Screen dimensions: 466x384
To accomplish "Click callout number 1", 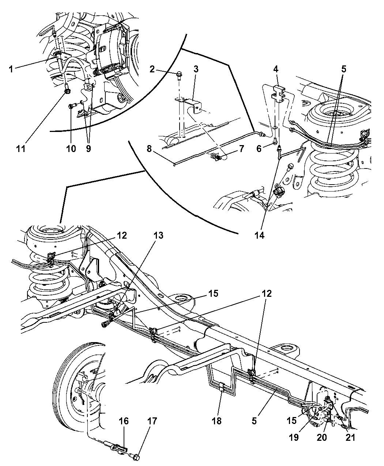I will tap(11, 68).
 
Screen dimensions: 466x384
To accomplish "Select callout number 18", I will tap(217, 421).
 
